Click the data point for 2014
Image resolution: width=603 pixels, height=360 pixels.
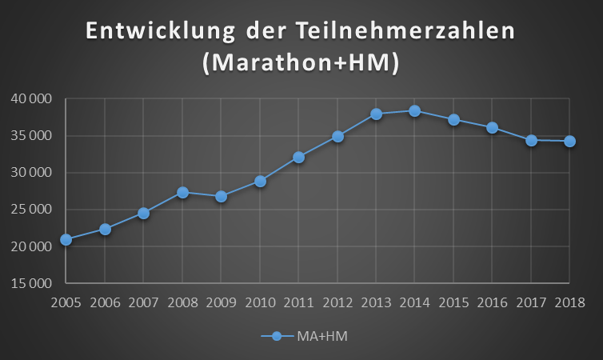click(414, 110)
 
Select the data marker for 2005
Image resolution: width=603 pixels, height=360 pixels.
click(66, 239)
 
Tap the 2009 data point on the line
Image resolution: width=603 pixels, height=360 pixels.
click(221, 196)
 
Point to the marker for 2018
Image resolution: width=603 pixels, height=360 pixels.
click(569, 141)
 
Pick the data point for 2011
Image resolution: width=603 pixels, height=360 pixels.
click(298, 157)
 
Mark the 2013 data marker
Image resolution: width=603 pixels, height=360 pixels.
click(376, 114)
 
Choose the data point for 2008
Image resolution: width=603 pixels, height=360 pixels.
click(182, 192)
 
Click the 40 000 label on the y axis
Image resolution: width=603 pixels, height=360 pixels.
click(33, 99)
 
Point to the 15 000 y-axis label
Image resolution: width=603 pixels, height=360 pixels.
click(33, 283)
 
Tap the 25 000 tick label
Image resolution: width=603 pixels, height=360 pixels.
click(33, 210)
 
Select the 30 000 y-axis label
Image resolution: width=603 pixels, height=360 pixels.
click(33, 173)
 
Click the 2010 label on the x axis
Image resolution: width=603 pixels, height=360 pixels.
click(260, 302)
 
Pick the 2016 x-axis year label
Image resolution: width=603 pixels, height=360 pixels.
click(492, 302)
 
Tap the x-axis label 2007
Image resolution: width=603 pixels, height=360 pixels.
click(143, 302)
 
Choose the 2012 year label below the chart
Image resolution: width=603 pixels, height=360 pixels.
click(337, 302)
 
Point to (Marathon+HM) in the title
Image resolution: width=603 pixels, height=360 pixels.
click(301, 64)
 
